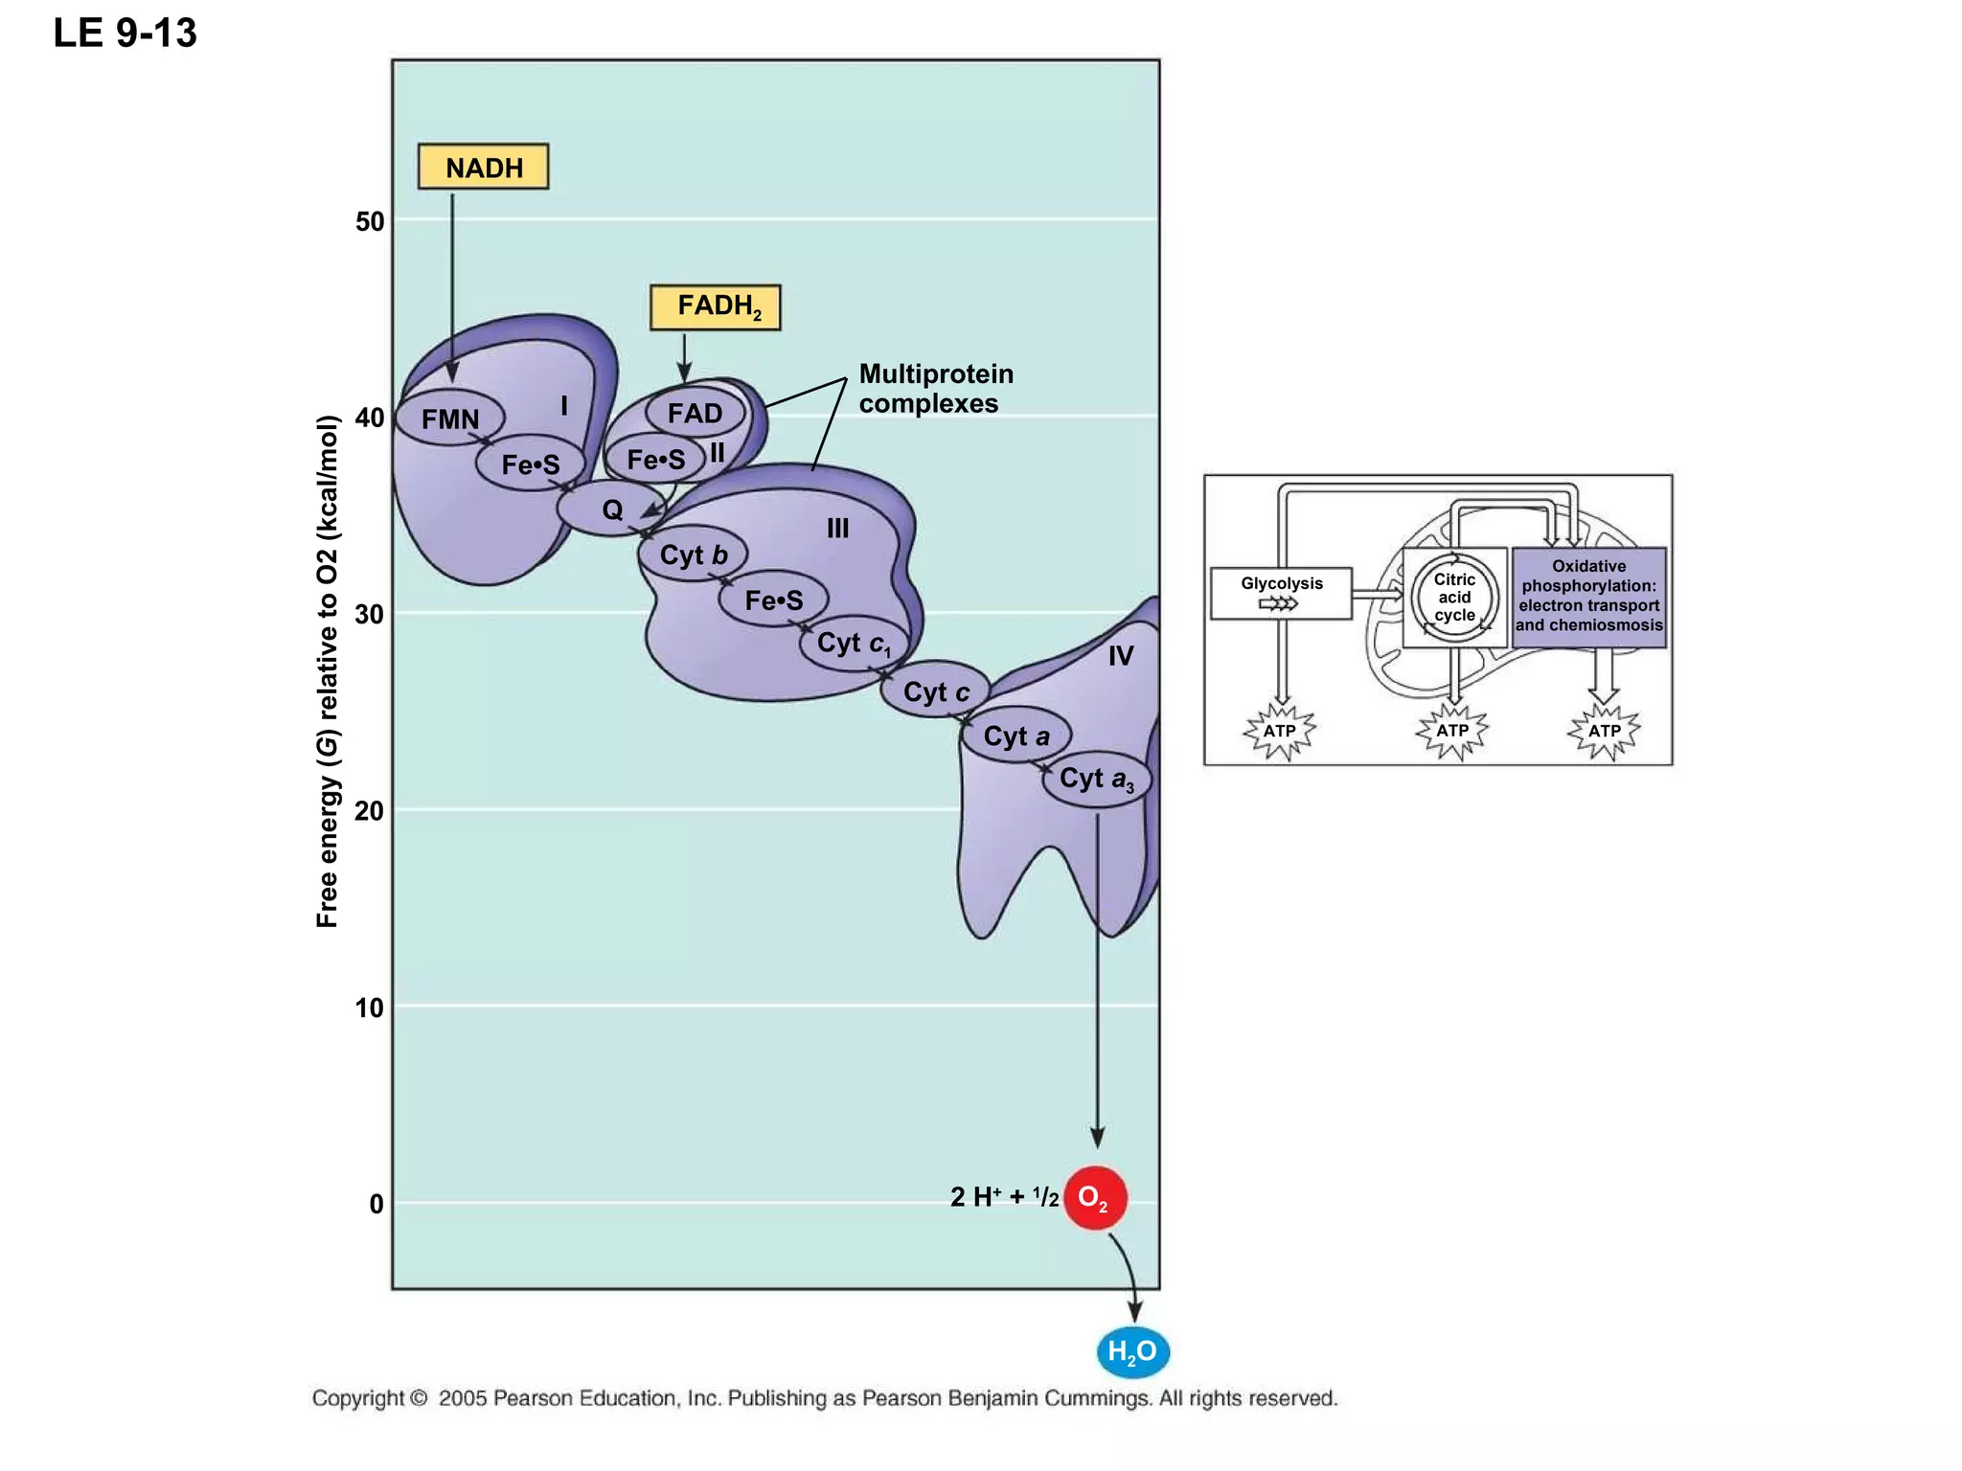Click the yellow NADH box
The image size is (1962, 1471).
point(483,167)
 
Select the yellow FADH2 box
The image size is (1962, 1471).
point(715,307)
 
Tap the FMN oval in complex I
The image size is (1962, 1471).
point(449,419)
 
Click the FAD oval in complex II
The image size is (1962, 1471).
point(695,413)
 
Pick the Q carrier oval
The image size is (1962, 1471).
point(611,509)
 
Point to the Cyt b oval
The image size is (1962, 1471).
point(693,554)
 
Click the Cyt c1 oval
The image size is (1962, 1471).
point(853,644)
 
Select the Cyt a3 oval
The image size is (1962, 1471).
point(1096,780)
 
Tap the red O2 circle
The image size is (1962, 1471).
point(1094,1197)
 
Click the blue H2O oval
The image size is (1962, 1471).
point(1132,1351)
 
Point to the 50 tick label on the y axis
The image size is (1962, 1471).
point(369,222)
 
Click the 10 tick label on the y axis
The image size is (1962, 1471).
point(369,1008)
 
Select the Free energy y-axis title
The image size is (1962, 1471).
point(328,670)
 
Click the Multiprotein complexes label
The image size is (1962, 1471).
point(935,388)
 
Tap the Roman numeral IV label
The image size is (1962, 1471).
point(1120,656)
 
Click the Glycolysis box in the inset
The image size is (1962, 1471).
point(1281,593)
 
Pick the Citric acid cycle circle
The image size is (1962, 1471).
point(1453,597)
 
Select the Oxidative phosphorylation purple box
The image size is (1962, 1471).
point(1588,597)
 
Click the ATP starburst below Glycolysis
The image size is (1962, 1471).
point(1279,732)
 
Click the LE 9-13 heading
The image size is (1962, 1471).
point(125,34)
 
